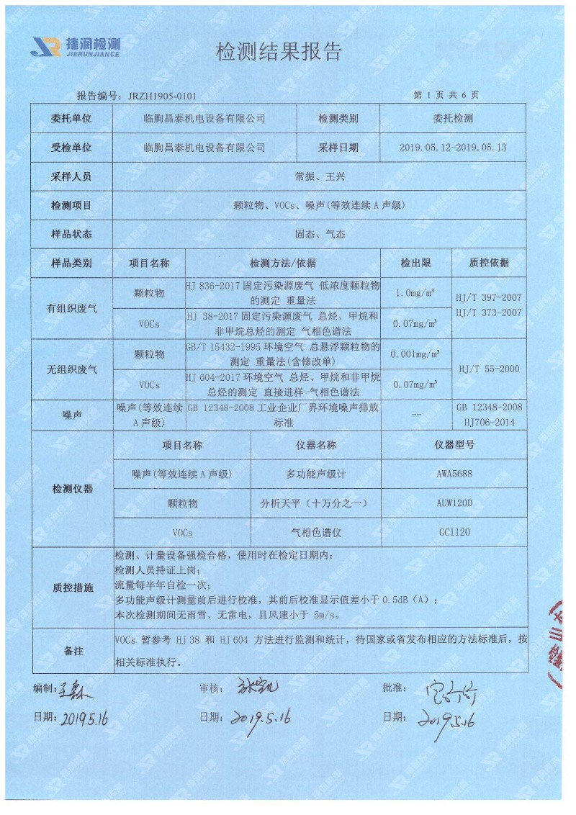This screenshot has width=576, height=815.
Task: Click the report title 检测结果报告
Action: point(279,52)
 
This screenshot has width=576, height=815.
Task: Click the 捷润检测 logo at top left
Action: point(75,46)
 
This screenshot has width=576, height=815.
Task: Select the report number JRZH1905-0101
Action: point(161,96)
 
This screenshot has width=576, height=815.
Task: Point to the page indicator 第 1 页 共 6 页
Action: point(446,95)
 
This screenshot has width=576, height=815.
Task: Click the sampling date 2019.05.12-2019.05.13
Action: point(453,147)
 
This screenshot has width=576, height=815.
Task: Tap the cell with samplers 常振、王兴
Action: point(320,176)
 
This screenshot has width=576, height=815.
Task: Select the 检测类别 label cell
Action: point(338,118)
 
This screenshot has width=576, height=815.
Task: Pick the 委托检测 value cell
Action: point(453,118)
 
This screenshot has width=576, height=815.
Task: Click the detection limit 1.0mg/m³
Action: point(415,293)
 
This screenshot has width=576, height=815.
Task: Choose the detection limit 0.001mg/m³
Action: point(415,354)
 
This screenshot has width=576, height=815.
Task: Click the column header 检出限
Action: point(415,263)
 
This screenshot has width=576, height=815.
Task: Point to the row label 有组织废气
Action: point(72,308)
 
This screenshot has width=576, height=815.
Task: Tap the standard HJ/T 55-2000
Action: point(489,369)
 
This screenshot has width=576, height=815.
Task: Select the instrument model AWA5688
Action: point(454,474)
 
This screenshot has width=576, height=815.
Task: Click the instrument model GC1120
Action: point(454,532)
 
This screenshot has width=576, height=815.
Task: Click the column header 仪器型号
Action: point(454,445)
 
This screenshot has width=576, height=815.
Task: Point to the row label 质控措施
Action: point(72,587)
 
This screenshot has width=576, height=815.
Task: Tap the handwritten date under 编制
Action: point(84,718)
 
